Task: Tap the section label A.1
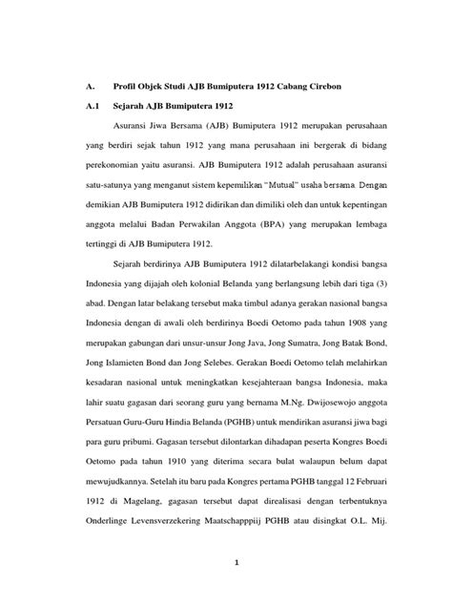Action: coord(90,108)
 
